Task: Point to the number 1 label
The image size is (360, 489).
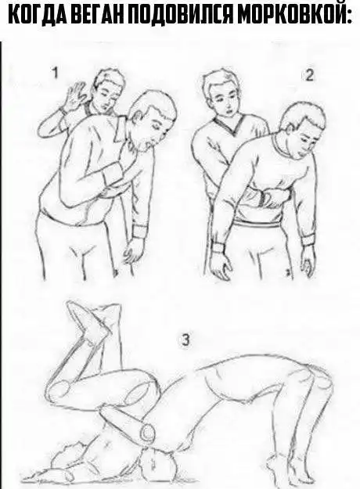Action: click(x=55, y=74)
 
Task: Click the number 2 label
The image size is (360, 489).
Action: click(x=309, y=76)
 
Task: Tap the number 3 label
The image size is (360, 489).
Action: click(x=185, y=340)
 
